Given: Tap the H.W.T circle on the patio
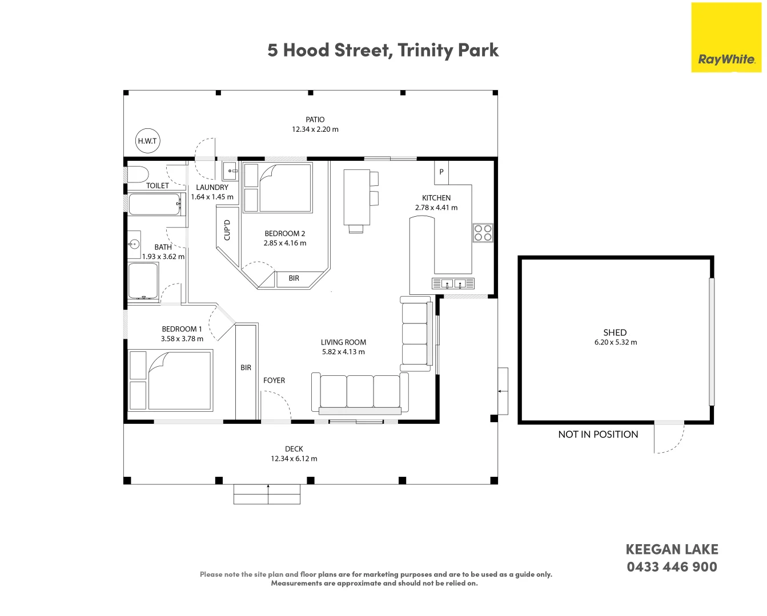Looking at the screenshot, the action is (x=147, y=141).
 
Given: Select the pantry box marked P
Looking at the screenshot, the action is (x=441, y=172).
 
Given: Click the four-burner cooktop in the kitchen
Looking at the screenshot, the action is (x=483, y=233).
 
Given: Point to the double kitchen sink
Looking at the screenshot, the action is (x=453, y=283).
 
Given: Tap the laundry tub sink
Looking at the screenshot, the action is (x=230, y=171).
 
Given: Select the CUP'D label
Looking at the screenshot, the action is (x=227, y=230).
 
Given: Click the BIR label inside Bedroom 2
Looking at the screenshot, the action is (x=294, y=278).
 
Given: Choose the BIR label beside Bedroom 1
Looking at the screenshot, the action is (x=246, y=367).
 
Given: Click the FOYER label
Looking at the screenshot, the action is (x=274, y=380).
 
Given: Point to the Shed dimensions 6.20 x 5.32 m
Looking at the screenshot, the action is (x=616, y=342).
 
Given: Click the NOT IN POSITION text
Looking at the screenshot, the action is (x=598, y=435).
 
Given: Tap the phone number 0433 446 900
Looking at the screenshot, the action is (x=672, y=567).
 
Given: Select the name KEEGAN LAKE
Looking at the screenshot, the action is (x=672, y=549).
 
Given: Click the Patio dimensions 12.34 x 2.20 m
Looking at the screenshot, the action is (x=315, y=129).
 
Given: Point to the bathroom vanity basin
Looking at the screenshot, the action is (x=134, y=244).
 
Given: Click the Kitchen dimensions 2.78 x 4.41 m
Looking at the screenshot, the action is (x=436, y=208).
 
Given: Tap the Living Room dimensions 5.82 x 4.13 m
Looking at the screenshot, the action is (x=343, y=352).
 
